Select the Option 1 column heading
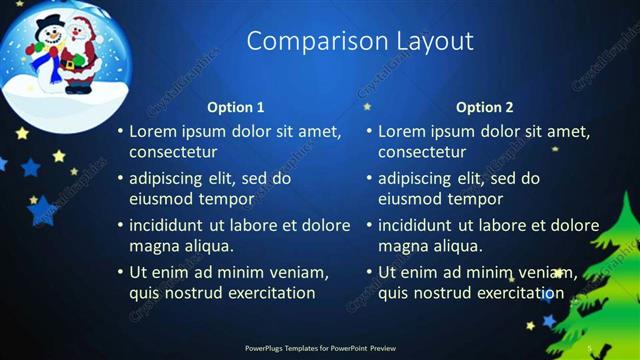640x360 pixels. point(236,107)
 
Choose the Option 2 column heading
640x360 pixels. point(485,107)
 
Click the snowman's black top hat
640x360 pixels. point(47,21)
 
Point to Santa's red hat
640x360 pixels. point(80,22)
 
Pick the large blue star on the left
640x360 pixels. point(42,210)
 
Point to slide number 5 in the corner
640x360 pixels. point(590,347)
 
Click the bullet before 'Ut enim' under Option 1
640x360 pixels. point(120,272)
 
